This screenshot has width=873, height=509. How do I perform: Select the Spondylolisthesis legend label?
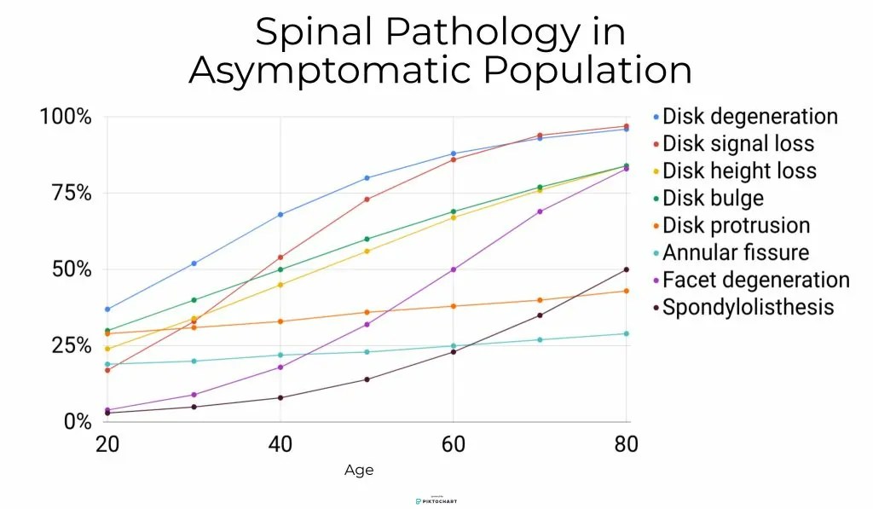(748, 307)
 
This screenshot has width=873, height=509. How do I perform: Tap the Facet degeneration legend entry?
(755, 280)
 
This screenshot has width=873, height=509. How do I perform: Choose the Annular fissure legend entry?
(735, 252)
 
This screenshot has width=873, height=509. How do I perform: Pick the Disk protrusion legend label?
(736, 225)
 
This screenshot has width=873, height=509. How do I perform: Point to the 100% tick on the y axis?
(66, 117)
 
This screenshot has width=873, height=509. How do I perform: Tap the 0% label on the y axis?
(77, 422)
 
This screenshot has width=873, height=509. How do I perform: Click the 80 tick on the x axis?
(627, 444)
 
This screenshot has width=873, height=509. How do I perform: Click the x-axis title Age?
(359, 471)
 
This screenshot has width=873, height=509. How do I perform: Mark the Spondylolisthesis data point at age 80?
(627, 269)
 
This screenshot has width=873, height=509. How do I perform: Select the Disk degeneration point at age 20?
(107, 309)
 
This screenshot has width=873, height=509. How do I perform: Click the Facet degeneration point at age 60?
(454, 269)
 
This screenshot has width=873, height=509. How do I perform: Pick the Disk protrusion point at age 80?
(627, 291)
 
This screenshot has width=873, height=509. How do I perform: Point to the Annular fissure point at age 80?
(627, 333)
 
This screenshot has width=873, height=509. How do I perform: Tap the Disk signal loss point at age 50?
(367, 200)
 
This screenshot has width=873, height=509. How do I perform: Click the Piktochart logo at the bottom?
(436, 500)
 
